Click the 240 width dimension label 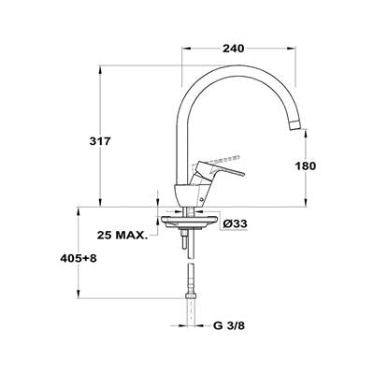[233, 49]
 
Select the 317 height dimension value [100, 141]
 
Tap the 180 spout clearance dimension [306, 165]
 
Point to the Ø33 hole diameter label [236, 223]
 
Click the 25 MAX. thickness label [122, 235]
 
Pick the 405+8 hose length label [79, 258]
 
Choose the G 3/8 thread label [229, 326]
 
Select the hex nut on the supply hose [191, 295]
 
